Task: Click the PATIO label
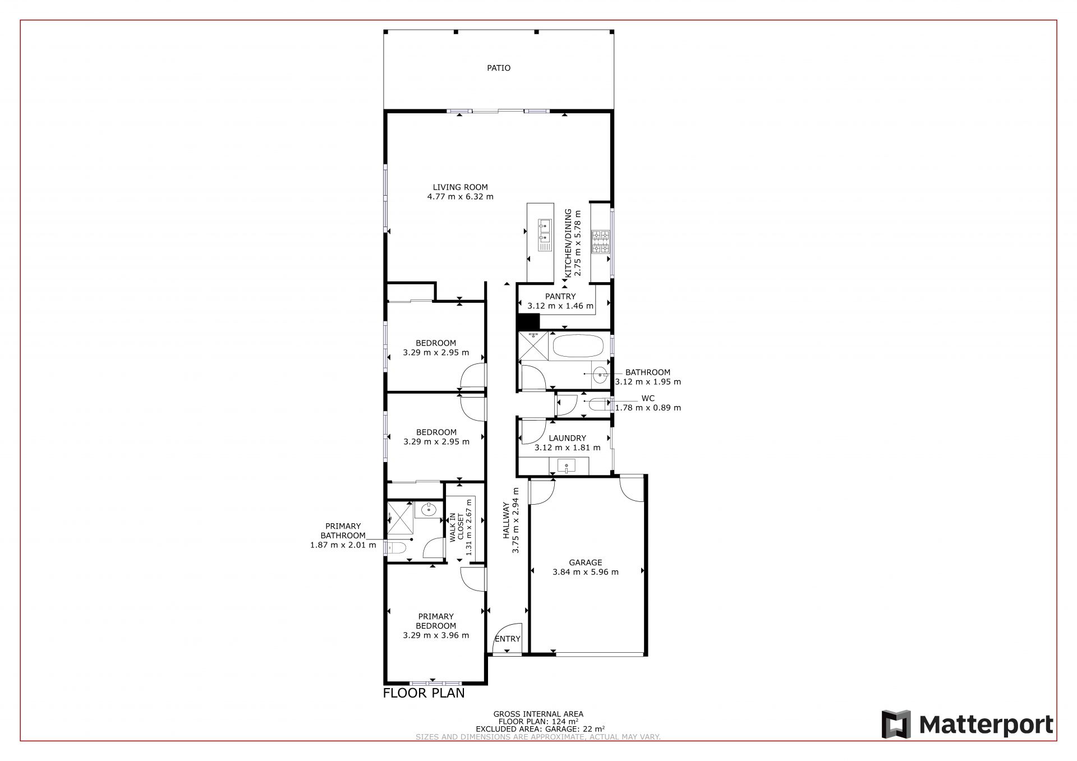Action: tap(499, 68)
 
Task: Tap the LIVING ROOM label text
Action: tap(460, 187)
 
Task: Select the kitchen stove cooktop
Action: tap(600, 242)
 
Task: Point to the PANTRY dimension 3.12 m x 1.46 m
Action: tap(560, 306)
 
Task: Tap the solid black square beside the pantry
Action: tap(528, 321)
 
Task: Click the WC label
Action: tap(648, 399)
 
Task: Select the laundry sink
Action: tap(567, 465)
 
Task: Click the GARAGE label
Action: tap(586, 562)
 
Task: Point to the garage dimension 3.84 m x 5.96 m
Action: tap(586, 572)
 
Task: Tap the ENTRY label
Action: tap(508, 639)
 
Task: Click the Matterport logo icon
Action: tap(896, 725)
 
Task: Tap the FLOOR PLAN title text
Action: tap(424, 693)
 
